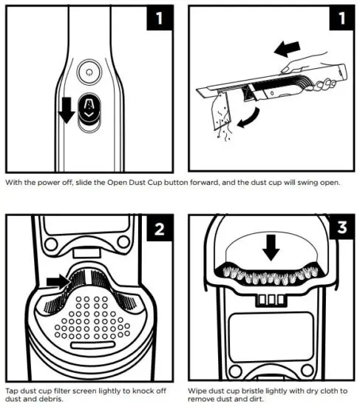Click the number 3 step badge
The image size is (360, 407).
340,229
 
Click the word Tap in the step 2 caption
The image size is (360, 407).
13,389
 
